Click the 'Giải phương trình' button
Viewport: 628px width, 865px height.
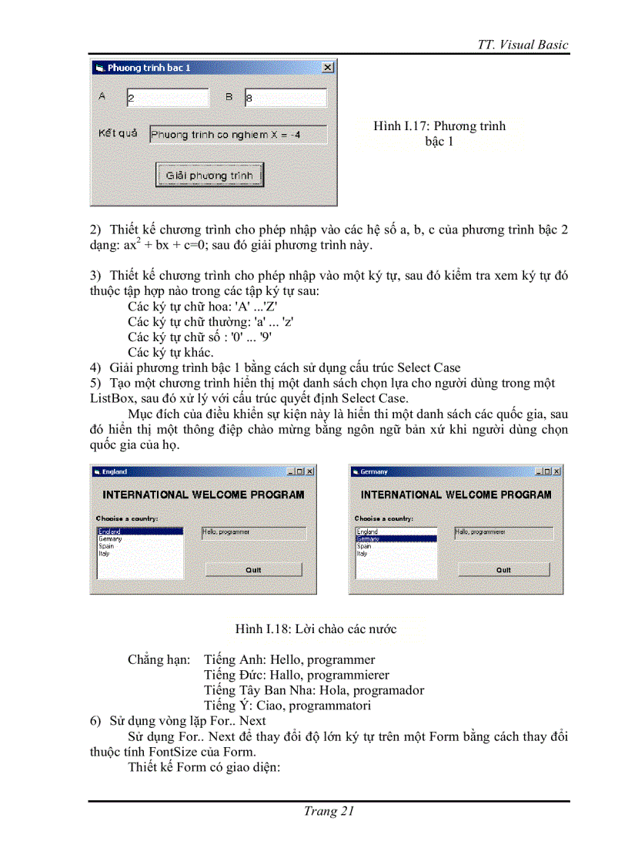pos(209,175)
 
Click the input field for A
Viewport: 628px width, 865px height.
pos(167,98)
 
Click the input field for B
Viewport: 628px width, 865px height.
pos(286,98)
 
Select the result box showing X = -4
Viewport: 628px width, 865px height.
pos(237,135)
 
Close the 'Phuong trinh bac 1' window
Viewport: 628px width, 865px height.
pos(327,68)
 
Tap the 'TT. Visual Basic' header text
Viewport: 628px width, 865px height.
pos(523,44)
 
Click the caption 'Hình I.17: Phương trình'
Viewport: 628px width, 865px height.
pos(439,126)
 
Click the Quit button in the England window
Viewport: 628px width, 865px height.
pos(253,570)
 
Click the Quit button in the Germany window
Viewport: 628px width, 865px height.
pos(503,570)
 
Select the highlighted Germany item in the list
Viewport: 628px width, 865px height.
pos(396,539)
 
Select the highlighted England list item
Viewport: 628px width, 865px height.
pos(139,531)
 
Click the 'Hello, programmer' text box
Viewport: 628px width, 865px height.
pos(253,532)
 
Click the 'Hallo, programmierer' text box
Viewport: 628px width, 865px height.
pos(503,532)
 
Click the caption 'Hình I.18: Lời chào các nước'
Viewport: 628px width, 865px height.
pos(316,629)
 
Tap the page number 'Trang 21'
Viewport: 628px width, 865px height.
pos(329,810)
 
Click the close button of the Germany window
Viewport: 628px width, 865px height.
pos(556,471)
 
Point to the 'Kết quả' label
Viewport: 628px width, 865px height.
pos(118,133)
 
